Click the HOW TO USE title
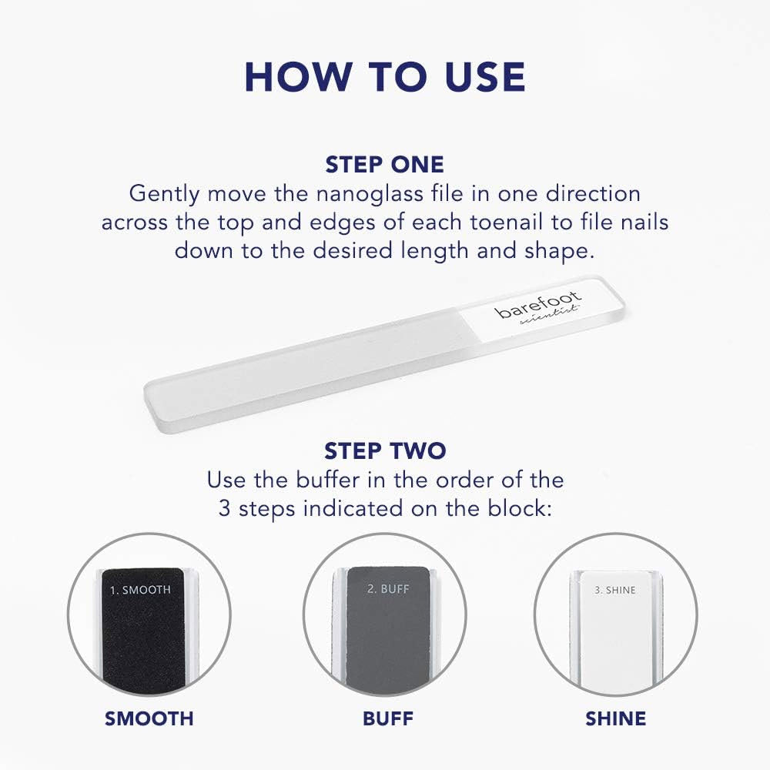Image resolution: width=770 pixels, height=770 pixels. [385, 77]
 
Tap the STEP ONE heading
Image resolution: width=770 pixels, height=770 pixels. [384, 165]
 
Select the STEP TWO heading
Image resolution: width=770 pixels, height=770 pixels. [385, 450]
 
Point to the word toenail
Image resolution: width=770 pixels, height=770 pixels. [507, 222]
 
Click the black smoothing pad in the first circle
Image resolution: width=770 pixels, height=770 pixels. [142, 628]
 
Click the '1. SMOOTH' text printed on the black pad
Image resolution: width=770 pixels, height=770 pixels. [140, 590]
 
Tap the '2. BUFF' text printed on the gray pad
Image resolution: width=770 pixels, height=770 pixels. [388, 589]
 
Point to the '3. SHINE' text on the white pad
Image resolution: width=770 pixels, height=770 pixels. [614, 590]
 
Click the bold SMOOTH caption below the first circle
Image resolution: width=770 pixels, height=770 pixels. [149, 718]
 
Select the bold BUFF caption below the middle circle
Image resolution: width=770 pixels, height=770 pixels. [388, 718]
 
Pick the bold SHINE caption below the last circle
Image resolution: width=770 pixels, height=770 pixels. [615, 718]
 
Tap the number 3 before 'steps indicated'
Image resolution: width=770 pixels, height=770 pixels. [224, 508]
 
